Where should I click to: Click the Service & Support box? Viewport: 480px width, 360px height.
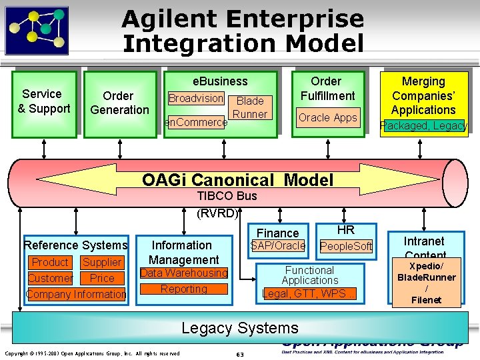click(x=44, y=102)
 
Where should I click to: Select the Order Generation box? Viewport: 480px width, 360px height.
click(x=119, y=103)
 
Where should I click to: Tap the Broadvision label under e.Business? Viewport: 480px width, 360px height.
click(x=195, y=98)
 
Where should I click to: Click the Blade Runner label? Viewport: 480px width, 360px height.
click(x=250, y=107)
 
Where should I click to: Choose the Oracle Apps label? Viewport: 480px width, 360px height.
click(x=328, y=118)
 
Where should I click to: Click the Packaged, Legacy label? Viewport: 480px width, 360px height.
click(x=423, y=125)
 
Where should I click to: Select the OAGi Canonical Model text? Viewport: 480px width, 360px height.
click(x=237, y=179)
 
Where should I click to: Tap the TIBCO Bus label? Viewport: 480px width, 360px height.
click(x=227, y=196)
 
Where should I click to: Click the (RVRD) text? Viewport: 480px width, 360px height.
click(x=217, y=213)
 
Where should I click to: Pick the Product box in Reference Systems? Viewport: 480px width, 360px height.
click(x=50, y=263)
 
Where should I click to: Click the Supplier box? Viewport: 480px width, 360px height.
click(x=102, y=263)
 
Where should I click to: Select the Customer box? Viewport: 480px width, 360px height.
click(x=50, y=279)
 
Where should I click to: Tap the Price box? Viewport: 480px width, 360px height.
click(x=102, y=279)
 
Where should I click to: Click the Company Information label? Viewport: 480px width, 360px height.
click(x=76, y=294)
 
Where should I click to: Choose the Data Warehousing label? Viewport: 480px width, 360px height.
click(x=184, y=273)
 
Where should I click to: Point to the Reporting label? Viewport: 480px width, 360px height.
click(x=184, y=289)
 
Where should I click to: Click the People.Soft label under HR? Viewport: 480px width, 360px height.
click(x=346, y=247)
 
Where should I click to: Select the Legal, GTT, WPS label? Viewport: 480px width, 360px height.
click(x=309, y=293)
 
